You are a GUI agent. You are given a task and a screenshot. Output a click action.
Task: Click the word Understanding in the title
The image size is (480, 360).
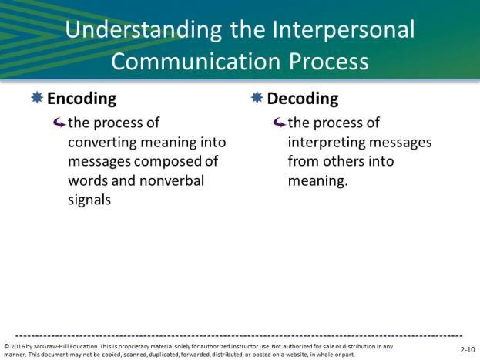tap(143, 30)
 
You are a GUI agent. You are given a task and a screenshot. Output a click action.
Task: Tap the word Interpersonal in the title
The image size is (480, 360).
tap(343, 30)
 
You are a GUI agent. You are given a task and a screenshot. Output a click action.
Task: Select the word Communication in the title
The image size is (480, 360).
tap(196, 61)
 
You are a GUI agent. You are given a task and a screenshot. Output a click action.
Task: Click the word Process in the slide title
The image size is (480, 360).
tap(328, 61)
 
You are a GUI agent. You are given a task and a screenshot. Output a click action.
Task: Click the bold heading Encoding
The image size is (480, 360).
tap(82, 99)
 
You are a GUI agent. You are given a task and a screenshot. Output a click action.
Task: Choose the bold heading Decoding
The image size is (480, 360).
tap(303, 99)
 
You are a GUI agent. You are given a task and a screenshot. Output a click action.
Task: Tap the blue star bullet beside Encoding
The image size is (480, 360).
tap(37, 98)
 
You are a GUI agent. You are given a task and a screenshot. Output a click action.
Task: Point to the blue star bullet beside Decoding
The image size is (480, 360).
tap(257, 98)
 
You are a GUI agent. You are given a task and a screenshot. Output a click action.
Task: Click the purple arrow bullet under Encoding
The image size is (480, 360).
tap(59, 123)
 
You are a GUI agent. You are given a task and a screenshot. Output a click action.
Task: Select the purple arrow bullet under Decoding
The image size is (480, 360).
tap(279, 123)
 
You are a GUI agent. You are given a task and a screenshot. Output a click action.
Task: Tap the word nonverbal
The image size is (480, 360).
tap(172, 180)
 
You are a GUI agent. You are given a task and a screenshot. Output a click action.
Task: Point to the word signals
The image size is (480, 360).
tap(89, 200)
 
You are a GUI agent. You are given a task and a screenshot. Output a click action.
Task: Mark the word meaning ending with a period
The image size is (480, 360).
tap(318, 181)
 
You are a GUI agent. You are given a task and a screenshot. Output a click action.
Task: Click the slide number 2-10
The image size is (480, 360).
tap(468, 349)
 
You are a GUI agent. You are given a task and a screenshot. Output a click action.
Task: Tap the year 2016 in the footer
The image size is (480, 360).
tap(18, 347)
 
